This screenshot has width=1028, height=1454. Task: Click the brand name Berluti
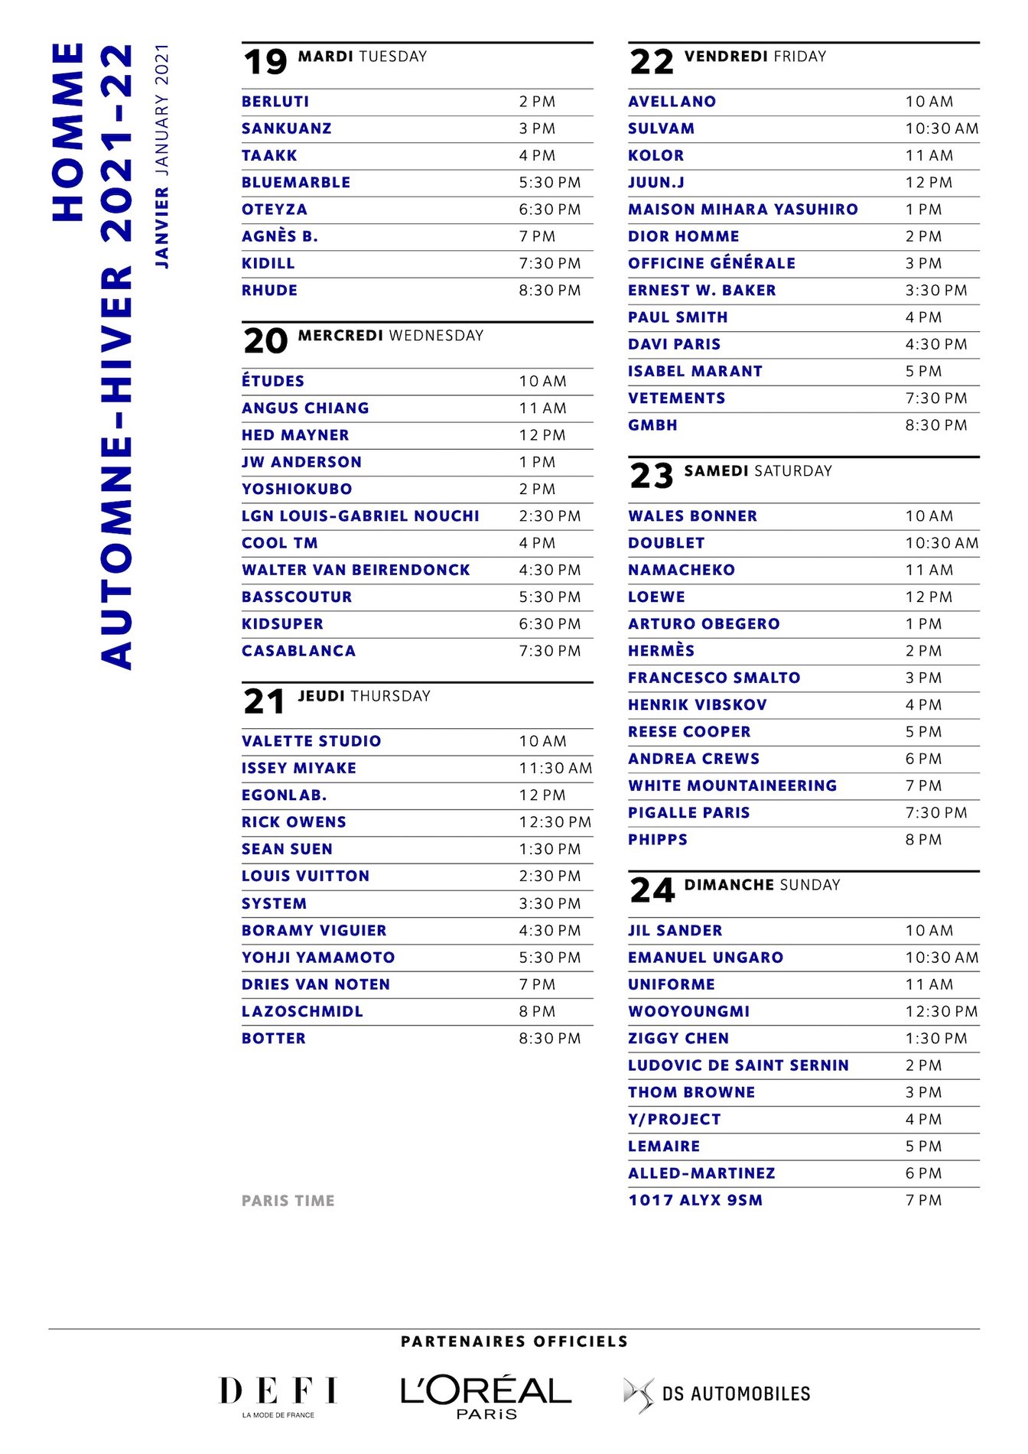[275, 102]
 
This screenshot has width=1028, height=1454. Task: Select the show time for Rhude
[549, 291]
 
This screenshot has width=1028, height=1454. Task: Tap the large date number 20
[265, 341]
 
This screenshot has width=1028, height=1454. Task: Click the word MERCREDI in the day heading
[340, 336]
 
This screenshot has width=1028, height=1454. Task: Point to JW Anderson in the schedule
[301, 462]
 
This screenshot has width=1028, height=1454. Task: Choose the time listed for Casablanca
[549, 651]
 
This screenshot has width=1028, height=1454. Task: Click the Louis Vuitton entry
[305, 877]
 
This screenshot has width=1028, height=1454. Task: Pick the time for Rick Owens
[555, 822]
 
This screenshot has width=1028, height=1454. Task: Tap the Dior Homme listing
[683, 237]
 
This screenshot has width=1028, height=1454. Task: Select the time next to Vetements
[935, 398]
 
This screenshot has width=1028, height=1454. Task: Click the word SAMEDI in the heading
[716, 471]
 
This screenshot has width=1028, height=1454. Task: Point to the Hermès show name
[661, 651]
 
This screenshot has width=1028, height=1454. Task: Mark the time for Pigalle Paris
[935, 813]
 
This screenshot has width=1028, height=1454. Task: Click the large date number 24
[652, 890]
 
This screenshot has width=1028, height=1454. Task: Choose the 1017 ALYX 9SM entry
[695, 1200]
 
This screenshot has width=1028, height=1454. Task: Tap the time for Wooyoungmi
[941, 1011]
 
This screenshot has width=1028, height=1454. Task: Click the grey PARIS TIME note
[288, 1201]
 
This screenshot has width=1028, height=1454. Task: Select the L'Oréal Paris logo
[486, 1397]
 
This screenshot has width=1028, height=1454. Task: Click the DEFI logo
[278, 1395]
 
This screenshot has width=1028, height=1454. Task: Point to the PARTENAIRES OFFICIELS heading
[514, 1342]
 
